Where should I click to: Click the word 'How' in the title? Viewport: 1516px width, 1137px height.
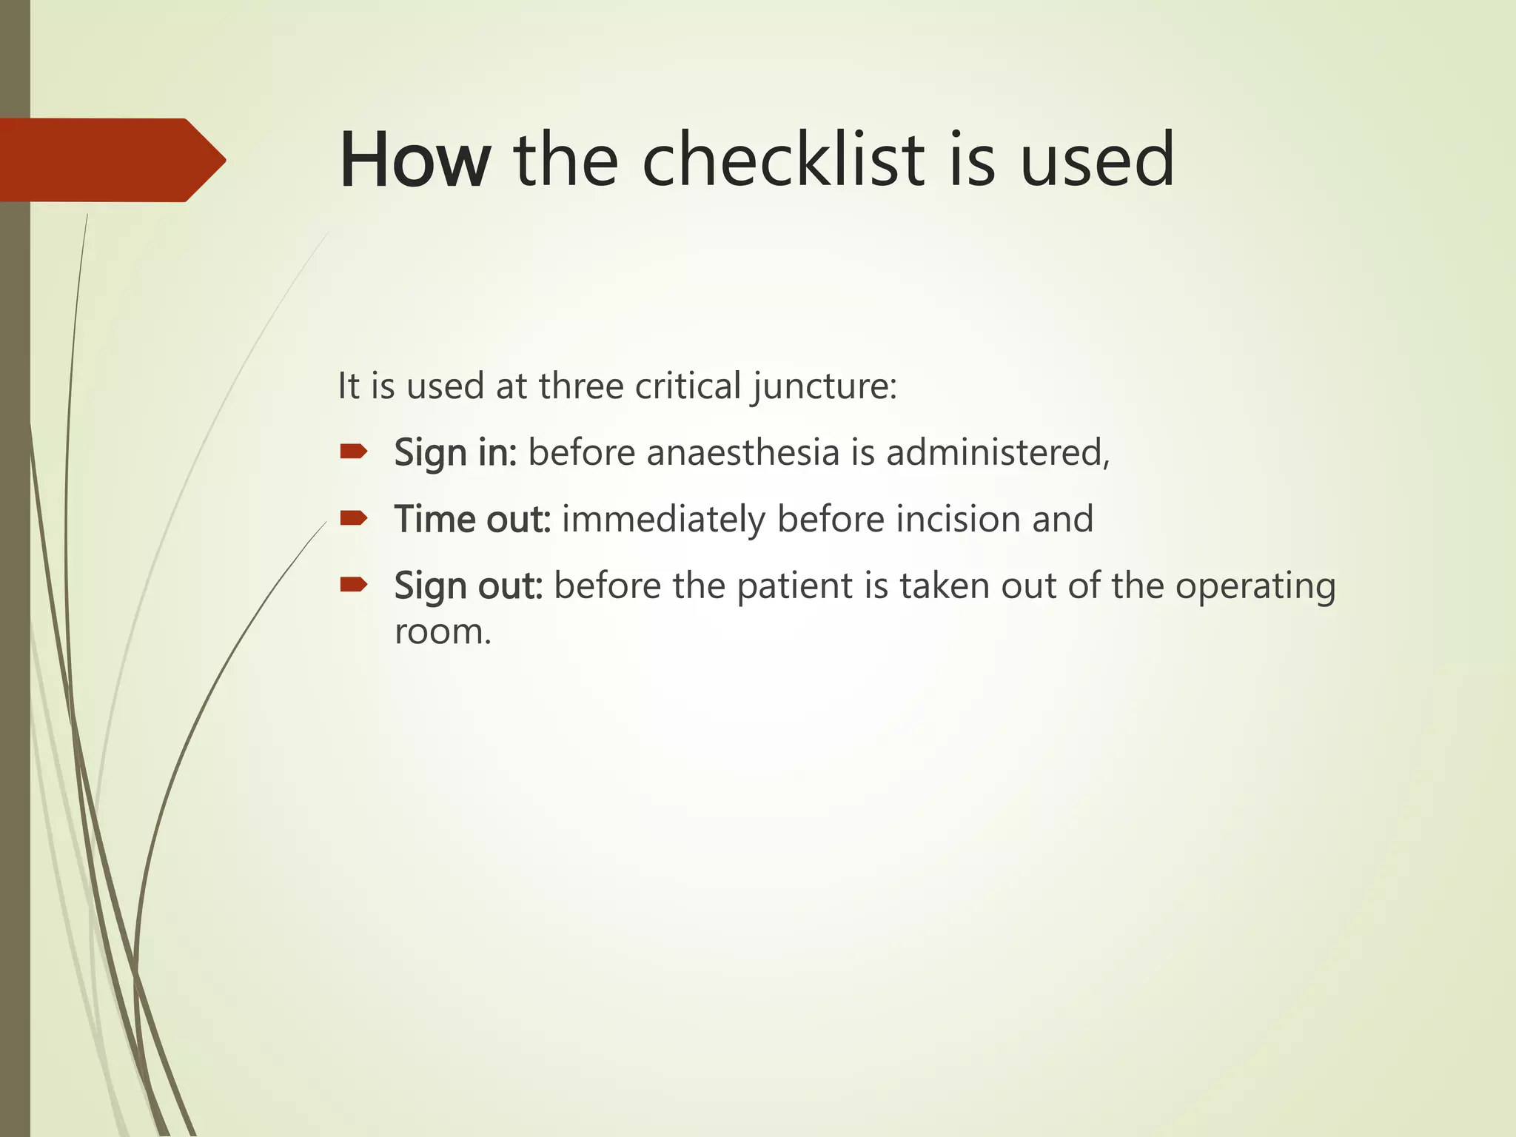(415, 160)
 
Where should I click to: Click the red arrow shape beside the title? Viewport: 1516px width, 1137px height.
(111, 160)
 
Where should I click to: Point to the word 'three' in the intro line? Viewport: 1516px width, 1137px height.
(581, 386)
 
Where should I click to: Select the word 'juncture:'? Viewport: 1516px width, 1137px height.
(825, 387)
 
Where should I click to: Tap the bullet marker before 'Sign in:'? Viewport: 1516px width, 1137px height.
(354, 452)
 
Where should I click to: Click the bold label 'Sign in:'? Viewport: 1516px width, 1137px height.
(455, 453)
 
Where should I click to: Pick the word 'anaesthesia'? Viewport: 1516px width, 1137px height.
(742, 452)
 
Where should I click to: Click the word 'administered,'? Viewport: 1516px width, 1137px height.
(998, 452)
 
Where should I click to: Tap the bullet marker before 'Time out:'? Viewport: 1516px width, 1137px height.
(354, 517)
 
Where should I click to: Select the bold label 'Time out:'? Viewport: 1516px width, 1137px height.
(472, 519)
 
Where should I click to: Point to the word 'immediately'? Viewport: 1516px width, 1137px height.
(663, 519)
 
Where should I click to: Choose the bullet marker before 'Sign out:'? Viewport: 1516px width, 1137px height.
(354, 585)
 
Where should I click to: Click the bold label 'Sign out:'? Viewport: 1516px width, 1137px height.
(469, 586)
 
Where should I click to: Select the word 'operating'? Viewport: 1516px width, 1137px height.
(1255, 587)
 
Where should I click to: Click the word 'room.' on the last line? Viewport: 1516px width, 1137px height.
(443, 631)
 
